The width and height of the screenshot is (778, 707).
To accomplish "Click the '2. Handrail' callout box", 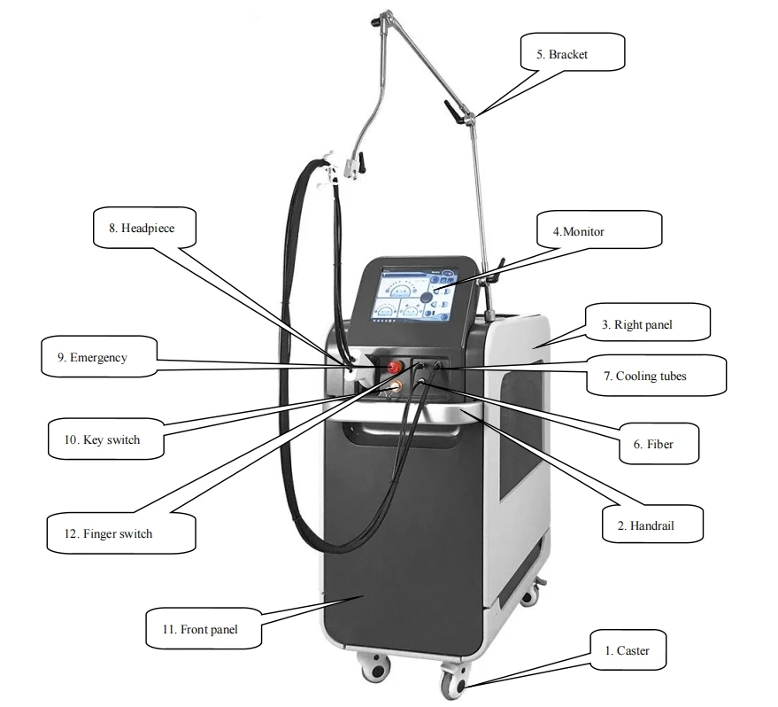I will pos(653,524).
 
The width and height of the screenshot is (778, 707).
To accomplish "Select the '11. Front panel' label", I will pos(204,630).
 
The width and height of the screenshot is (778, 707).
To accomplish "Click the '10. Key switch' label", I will pos(106,439).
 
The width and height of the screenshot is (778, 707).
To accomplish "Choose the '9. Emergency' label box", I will pos(98,358).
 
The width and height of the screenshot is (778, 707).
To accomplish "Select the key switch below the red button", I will pos(390,385).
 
